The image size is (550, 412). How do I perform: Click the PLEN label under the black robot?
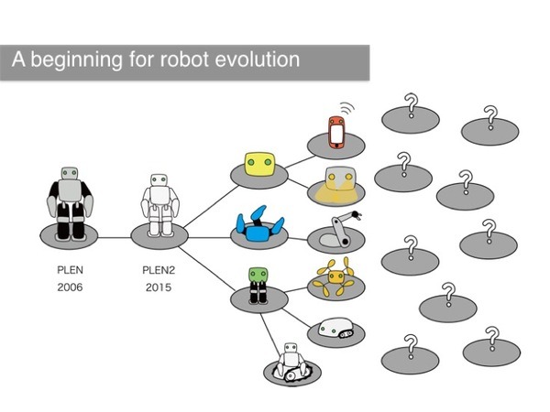70,272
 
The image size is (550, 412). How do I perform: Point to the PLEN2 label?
159,272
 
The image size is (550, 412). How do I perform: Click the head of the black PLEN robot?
70,174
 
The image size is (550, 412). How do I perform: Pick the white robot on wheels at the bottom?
291,361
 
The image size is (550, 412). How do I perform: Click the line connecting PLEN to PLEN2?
115,237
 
